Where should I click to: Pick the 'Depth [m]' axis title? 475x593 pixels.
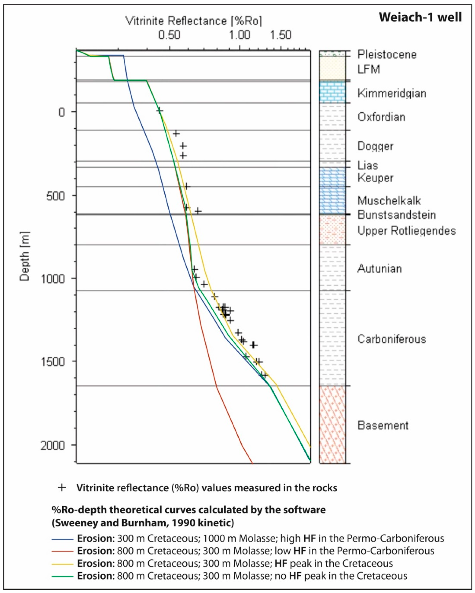coord(24,256)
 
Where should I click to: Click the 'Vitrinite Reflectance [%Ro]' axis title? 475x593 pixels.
coord(194,21)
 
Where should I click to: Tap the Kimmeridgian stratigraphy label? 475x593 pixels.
coord(392,93)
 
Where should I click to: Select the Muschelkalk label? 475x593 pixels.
coord(389,201)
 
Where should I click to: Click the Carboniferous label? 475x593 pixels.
coord(392,339)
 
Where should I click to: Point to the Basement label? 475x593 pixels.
coord(383,425)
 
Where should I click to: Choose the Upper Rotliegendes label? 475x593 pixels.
coord(406,231)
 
